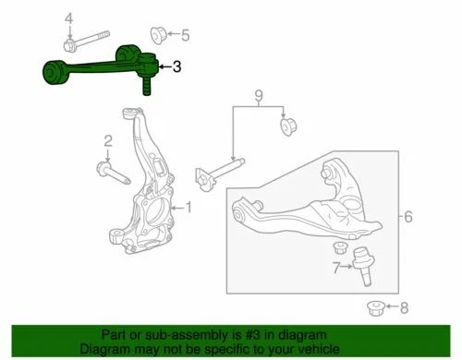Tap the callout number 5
pyautogui.click(x=184, y=36)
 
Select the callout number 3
pyautogui.click(x=176, y=66)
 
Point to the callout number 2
pyautogui.click(x=108, y=141)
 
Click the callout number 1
pyautogui.click(x=189, y=207)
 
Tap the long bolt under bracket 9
pyautogui.click(x=220, y=171)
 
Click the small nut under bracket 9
pyautogui.click(x=287, y=125)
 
